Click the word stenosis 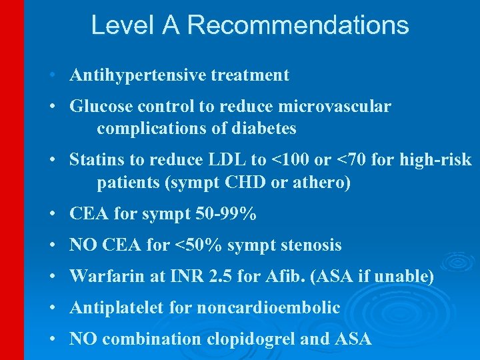click(310, 245)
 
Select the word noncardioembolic click(267, 308)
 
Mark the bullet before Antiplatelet click(51, 308)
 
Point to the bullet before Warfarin click(51, 276)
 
